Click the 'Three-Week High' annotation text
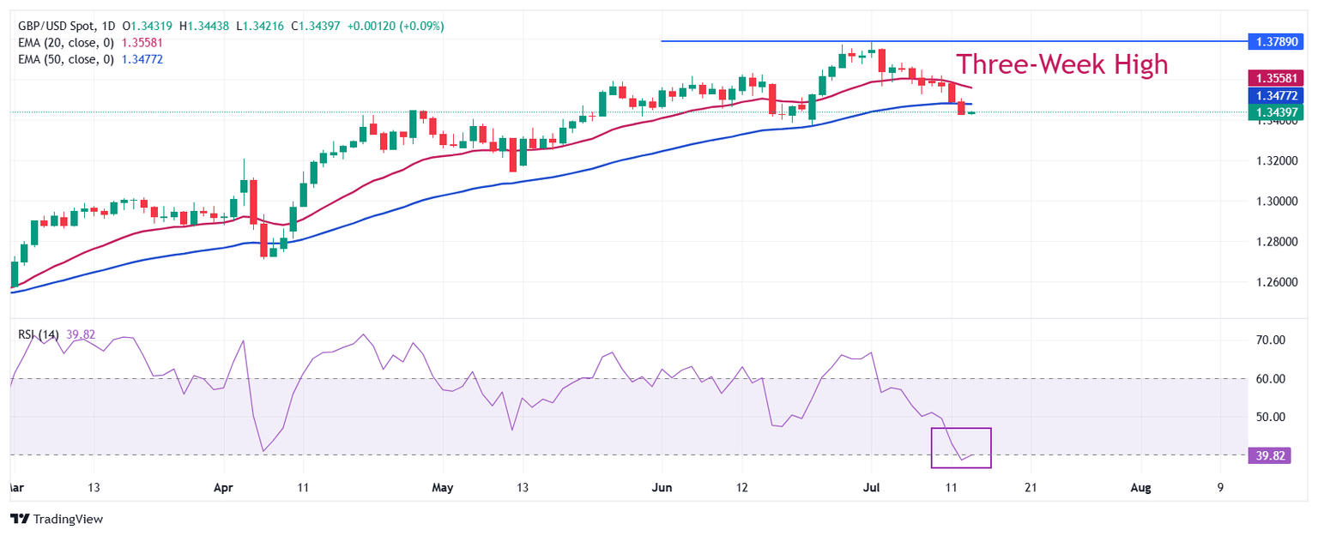pos(1061,64)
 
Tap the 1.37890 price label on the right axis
pos(1275,41)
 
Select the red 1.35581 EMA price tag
pos(1275,78)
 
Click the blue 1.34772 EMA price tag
pos(1275,95)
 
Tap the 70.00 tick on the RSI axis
pos(1269,340)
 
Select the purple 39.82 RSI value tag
pos(1269,455)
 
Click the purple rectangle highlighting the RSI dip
pos(961,448)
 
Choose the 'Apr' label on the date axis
pos(223,488)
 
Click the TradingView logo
pos(56,519)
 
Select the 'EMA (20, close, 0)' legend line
pos(66,43)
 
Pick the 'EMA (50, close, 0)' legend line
pos(66,59)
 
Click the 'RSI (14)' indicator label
pos(38,334)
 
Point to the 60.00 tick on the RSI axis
pos(1269,379)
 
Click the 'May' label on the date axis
pos(442,488)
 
